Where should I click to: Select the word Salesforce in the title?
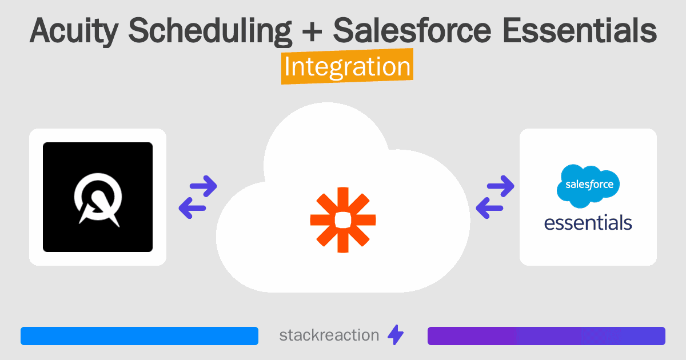point(412,31)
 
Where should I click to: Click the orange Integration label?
point(347,67)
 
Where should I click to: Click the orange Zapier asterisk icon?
point(343,219)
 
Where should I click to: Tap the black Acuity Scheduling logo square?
point(98,197)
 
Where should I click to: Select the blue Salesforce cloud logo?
point(588,186)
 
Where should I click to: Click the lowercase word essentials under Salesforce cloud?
point(588,222)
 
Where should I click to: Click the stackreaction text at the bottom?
point(329,335)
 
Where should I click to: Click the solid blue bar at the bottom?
point(139,336)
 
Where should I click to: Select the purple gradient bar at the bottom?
point(546,336)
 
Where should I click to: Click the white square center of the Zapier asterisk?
point(343,219)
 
